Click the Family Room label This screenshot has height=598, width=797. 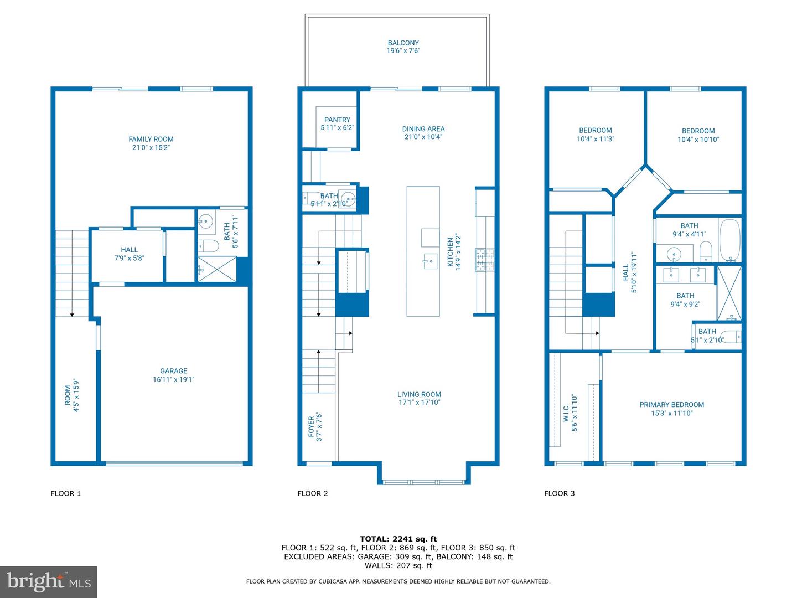coord(151,139)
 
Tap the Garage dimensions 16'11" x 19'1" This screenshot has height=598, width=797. coord(174,379)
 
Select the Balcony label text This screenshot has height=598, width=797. coord(403,43)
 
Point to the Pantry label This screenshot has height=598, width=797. coord(337,120)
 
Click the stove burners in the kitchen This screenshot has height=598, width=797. coord(485,259)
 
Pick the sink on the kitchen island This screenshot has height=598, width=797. coord(431,261)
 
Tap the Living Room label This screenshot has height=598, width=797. coord(419,394)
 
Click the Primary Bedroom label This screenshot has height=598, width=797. coord(672,404)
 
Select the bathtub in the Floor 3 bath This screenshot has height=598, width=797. coord(730,240)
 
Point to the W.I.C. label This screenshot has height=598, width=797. coord(566,413)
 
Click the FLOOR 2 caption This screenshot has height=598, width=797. coord(313,493)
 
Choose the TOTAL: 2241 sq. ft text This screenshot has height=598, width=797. coord(398,539)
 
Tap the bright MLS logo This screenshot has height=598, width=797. coord(49,581)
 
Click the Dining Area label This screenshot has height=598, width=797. coord(423,129)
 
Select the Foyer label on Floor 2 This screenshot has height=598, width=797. coord(311,426)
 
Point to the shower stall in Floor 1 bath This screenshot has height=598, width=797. coord(217,269)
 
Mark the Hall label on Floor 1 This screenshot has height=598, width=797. coord(130,250)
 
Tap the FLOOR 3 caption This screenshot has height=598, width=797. coord(560,493)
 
